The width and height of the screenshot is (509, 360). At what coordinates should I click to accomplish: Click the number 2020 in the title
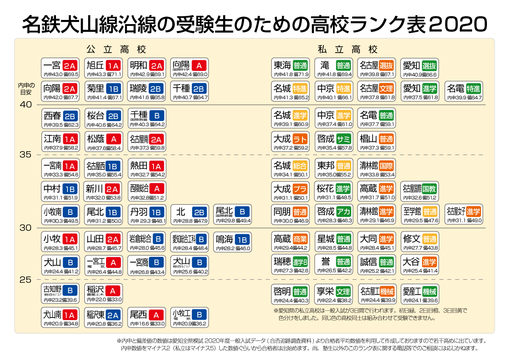[458, 24]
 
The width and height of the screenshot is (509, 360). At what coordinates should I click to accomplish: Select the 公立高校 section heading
[116, 49]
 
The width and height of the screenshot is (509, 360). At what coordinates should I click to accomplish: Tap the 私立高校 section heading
[347, 49]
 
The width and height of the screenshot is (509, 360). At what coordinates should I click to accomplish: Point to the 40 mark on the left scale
[25, 105]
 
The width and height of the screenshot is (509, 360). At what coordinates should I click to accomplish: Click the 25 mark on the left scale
[25, 280]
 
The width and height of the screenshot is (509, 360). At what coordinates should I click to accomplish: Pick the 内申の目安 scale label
[25, 89]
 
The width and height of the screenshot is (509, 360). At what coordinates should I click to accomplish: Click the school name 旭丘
[95, 65]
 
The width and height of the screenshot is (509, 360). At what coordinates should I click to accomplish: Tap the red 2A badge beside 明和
[157, 66]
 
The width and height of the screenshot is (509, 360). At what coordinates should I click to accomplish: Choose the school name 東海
[282, 65]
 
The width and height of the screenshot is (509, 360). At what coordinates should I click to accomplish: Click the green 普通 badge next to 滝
[343, 66]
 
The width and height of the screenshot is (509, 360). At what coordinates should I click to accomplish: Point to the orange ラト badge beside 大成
[300, 139]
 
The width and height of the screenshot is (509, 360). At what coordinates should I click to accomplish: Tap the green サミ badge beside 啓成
[343, 139]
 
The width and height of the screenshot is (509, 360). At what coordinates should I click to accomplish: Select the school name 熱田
[139, 166]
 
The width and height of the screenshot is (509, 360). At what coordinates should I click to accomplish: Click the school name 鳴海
[225, 239]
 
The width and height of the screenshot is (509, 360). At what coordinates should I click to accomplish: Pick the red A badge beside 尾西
[157, 315]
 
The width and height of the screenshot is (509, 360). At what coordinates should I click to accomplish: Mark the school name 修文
[411, 239]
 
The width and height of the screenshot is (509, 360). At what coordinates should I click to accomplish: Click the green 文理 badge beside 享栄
[343, 292]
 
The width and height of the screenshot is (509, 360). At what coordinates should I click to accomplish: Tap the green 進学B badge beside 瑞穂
[300, 262]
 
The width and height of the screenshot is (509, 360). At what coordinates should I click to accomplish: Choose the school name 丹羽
[139, 211]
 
